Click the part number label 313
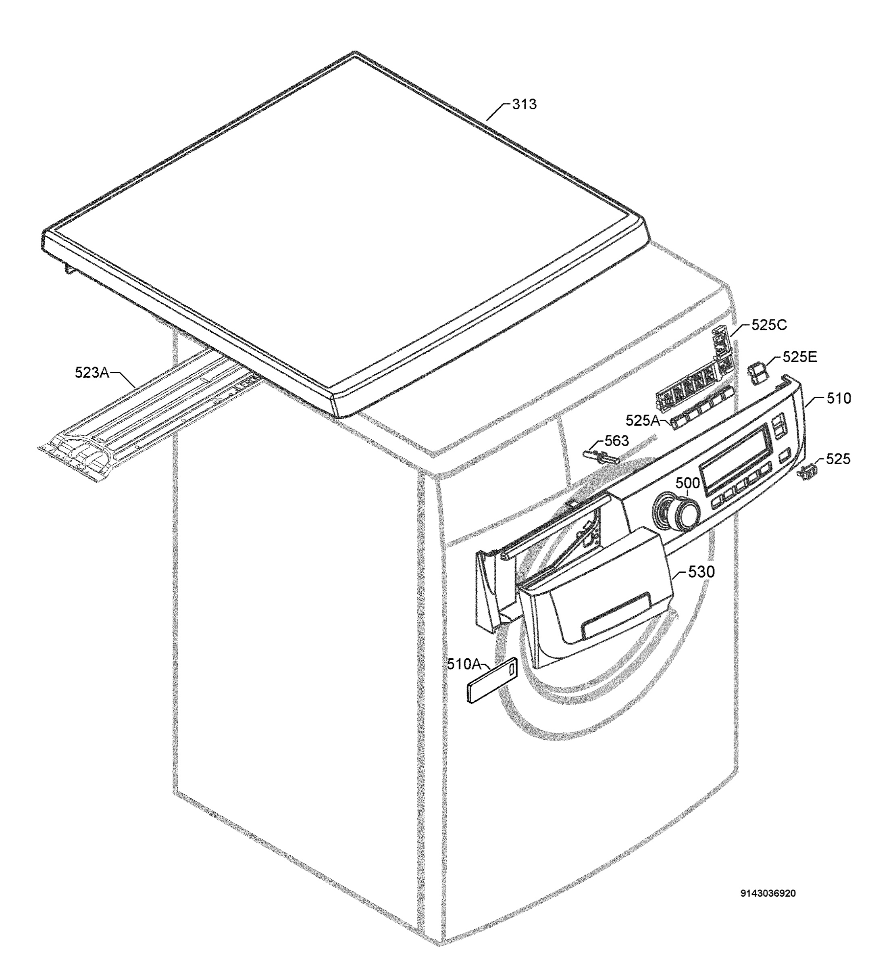524,104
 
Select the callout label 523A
92,372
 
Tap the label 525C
769,325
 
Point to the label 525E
800,357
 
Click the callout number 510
839,398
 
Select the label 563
617,440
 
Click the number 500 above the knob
687,483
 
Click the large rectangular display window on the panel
736,459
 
